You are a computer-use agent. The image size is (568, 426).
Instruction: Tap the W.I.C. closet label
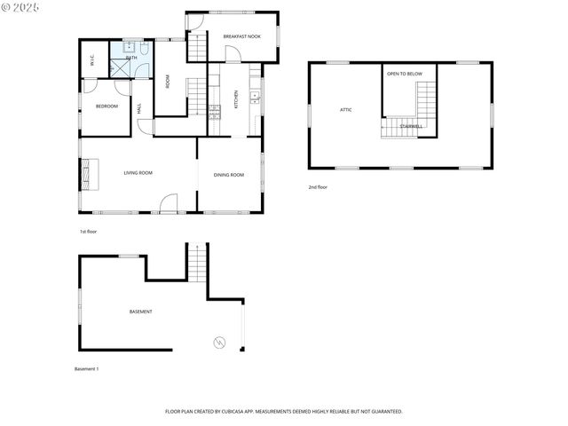tap(92, 61)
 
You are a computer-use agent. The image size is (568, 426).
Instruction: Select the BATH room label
tap(131, 58)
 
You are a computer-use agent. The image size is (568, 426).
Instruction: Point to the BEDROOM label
tap(106, 106)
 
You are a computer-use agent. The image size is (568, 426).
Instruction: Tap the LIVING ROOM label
tap(138, 173)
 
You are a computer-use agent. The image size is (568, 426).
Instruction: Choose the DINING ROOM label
tap(229, 175)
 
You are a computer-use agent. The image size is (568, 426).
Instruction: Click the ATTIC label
tap(346, 110)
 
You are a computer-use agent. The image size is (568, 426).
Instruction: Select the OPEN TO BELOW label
tap(404, 74)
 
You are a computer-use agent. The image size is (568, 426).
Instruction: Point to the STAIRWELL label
tap(411, 126)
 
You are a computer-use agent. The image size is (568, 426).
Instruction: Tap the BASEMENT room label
tap(140, 312)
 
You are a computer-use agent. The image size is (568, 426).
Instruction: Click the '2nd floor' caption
tap(318, 187)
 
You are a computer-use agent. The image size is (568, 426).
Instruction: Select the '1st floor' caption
tap(88, 231)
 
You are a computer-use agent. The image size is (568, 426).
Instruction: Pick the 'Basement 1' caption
tap(86, 368)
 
